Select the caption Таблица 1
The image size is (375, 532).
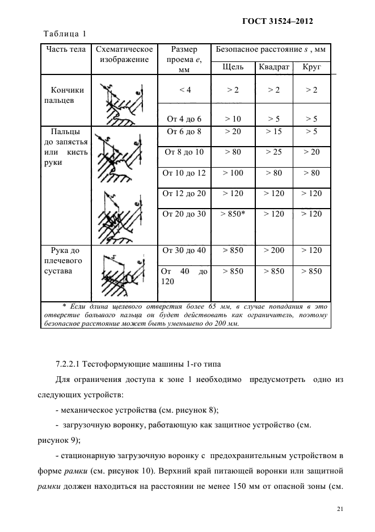click(x=65, y=33)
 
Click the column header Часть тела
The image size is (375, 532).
click(x=66, y=49)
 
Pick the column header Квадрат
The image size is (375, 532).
click(x=273, y=67)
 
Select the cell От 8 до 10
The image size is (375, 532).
click(x=183, y=152)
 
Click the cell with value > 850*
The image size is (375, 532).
click(x=233, y=214)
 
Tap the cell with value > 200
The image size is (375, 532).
click(x=274, y=250)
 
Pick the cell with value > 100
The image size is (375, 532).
click(x=233, y=173)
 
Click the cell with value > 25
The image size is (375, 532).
click(x=274, y=152)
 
